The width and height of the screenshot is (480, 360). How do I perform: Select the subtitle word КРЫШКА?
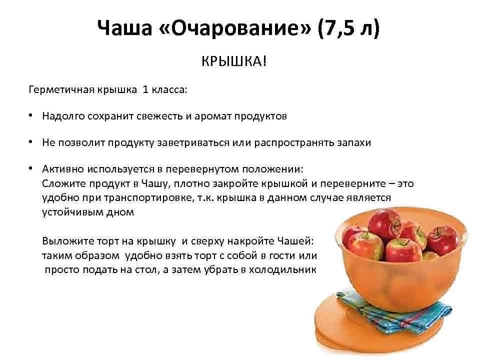pyautogui.click(x=234, y=62)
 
